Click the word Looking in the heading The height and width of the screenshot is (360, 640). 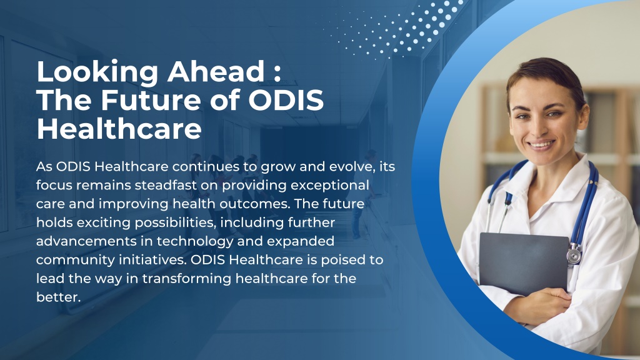(x=97, y=72)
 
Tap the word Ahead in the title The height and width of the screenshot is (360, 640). (x=216, y=71)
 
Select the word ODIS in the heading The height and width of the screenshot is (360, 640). (x=286, y=100)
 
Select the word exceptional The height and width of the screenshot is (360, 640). (x=330, y=186)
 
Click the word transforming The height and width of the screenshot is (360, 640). (x=187, y=279)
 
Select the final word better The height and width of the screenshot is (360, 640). (x=58, y=297)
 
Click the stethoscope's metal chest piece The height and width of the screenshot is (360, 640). (x=574, y=255)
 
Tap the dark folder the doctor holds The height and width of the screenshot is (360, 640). (x=524, y=263)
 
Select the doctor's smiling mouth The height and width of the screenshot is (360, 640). (x=541, y=145)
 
